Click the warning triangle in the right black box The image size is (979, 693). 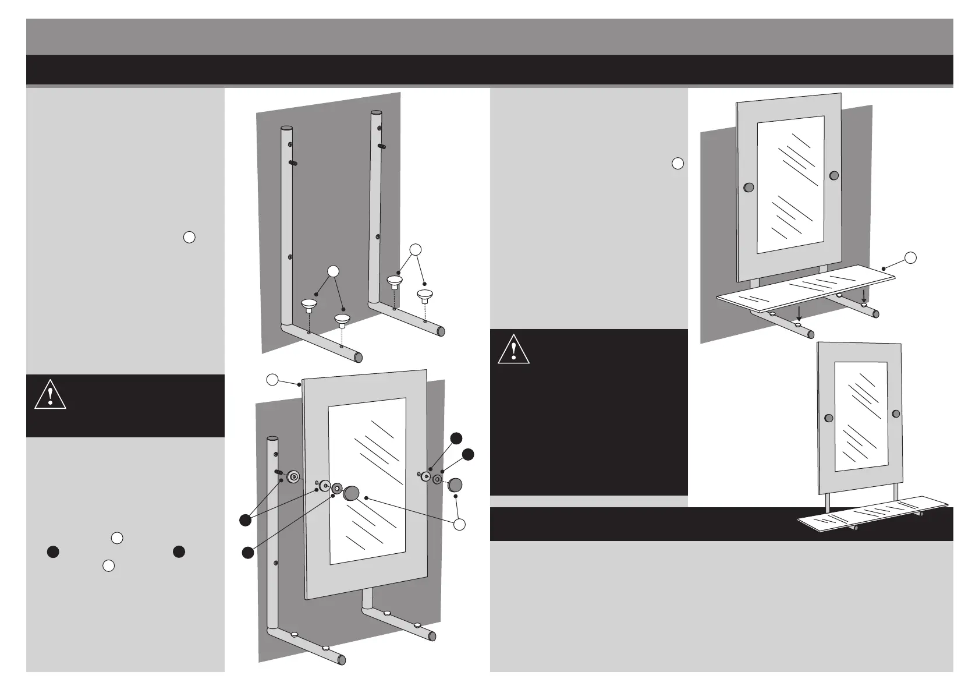coord(513,349)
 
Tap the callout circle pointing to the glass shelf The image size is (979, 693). coord(911,257)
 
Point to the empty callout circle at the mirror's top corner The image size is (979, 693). coord(272,380)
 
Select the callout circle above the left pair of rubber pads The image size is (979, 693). coord(332,271)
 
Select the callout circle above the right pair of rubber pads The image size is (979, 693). coord(416,250)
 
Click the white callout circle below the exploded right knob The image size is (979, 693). coord(460,524)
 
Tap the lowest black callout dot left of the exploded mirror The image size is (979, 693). coord(247,553)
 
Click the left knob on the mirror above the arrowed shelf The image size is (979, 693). coord(749,188)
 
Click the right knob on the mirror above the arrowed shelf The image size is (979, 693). coord(834,175)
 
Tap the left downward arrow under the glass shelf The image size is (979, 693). coord(799,312)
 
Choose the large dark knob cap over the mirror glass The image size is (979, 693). coord(351,494)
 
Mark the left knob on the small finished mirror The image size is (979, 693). coord(829,418)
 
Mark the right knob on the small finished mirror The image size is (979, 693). coord(896,413)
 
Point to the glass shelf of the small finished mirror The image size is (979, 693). coord(873,514)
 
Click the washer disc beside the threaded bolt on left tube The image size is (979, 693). coord(294,477)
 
